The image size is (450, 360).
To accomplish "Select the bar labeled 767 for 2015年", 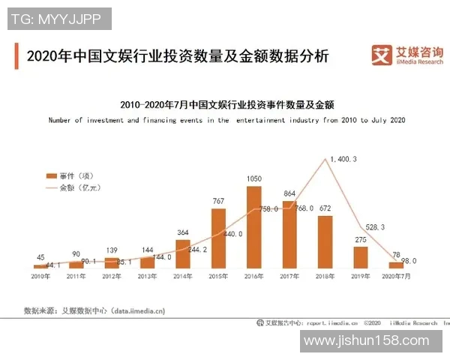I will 218,238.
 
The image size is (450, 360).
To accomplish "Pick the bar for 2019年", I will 360,257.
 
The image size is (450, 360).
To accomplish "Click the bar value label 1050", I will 254,178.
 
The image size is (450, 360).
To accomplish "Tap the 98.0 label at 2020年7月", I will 407,260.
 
